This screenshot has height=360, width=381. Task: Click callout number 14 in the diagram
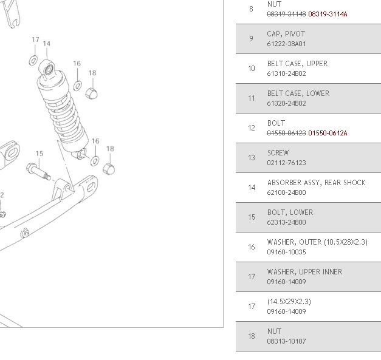tap(47, 44)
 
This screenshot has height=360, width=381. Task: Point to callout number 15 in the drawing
tap(39, 154)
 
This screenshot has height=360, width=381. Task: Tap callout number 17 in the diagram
tap(35, 40)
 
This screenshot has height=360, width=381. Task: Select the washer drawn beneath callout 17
tap(33, 61)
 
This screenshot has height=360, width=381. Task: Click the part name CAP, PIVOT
tap(286, 34)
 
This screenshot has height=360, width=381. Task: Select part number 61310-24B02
tap(286, 74)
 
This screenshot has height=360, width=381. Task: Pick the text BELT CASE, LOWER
tap(298, 93)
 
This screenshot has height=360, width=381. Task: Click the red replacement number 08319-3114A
tap(328, 14)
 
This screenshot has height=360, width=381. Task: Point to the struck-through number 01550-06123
tap(286, 133)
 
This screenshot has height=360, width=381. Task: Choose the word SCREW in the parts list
tap(278, 153)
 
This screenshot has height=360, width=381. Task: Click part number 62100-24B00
tap(286, 192)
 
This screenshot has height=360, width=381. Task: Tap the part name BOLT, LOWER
tap(290, 212)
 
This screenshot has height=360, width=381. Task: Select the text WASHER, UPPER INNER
tap(304, 272)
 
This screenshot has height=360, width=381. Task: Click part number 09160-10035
tap(286, 252)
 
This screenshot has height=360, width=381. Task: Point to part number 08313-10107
tap(286, 341)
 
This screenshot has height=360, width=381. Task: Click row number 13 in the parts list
tap(252, 158)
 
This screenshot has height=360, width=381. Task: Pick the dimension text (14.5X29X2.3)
tap(289, 302)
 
